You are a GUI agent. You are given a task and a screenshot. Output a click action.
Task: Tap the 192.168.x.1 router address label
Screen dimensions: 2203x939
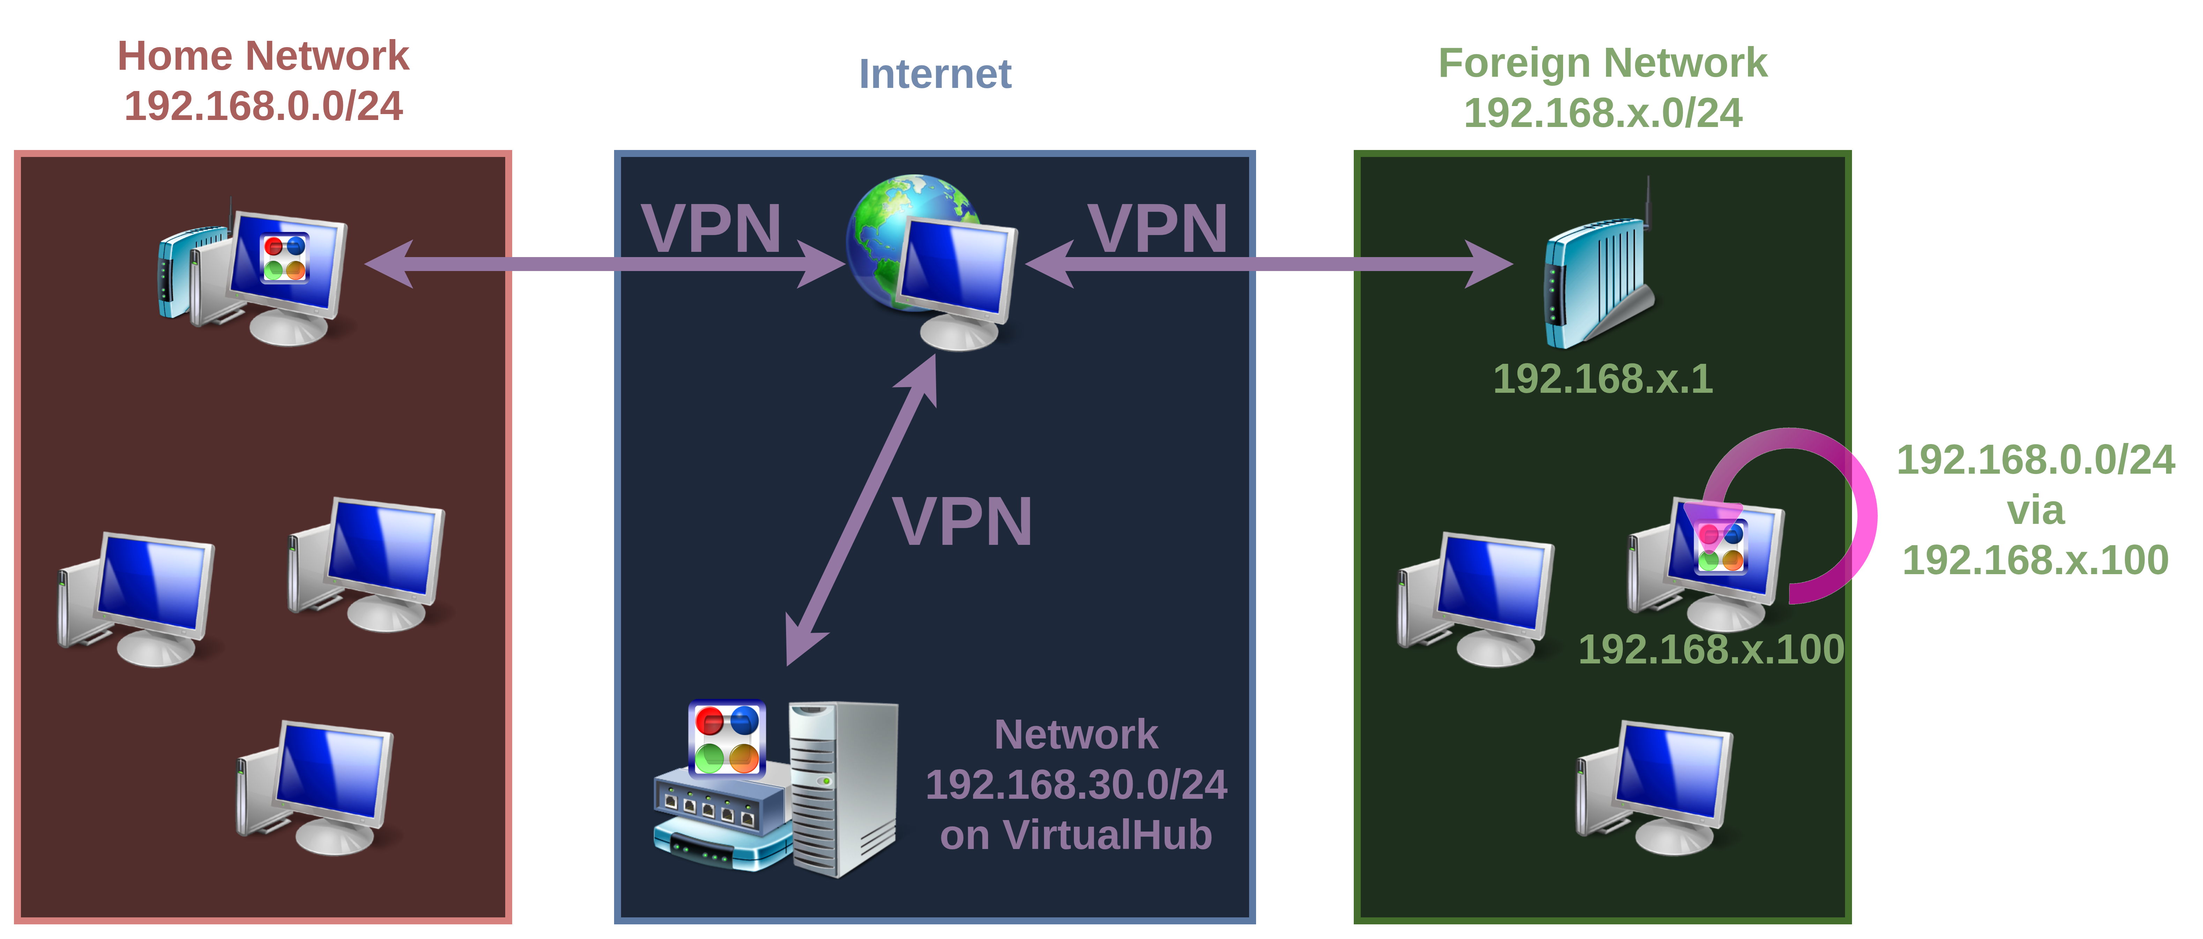point(1603,379)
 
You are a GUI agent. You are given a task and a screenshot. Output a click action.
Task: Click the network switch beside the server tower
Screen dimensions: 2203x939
point(723,817)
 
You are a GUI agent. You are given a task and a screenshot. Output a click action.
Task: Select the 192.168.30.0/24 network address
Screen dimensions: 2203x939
point(1076,784)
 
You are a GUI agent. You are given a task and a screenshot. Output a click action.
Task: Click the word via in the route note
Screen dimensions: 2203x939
point(2036,511)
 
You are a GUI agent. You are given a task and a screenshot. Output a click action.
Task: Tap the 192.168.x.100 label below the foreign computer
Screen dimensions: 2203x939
point(1710,649)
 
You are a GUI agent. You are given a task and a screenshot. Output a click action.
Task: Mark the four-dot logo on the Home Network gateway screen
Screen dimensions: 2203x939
point(285,257)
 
